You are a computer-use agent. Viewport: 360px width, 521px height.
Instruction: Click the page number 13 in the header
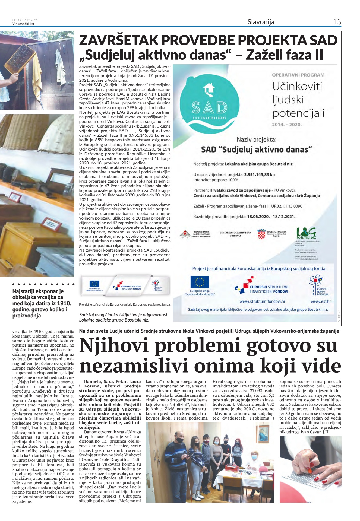[x=337, y=22]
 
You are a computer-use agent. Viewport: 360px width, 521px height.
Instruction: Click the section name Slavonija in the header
[x=261, y=22]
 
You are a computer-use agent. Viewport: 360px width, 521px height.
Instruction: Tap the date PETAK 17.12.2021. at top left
[x=25, y=20]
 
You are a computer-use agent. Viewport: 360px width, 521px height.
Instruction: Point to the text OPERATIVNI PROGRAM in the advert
[x=298, y=75]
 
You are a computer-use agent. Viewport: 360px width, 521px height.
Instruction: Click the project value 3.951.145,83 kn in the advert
[x=259, y=174]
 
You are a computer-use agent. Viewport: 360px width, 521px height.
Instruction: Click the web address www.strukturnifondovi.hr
[x=262, y=301]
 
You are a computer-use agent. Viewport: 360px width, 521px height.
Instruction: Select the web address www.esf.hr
[x=321, y=301]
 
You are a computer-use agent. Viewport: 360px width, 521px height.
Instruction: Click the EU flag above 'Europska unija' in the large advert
[x=200, y=282]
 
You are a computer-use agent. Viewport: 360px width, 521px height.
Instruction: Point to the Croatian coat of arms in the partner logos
[x=261, y=234]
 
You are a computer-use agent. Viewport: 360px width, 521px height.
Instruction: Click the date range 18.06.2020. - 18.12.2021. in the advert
[x=271, y=217]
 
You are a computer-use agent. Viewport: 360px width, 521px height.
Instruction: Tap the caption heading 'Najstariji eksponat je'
[x=38, y=291]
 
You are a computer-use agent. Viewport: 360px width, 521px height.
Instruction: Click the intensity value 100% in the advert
[x=233, y=180]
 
